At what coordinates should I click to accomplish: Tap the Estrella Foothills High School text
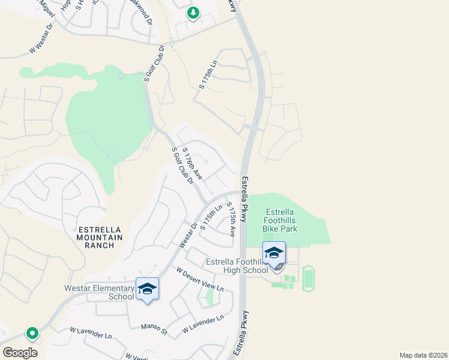coord(237,266)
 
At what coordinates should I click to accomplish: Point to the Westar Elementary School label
coord(99,292)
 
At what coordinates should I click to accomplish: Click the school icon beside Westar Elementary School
coord(147,290)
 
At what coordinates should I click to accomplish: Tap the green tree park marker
coord(193,13)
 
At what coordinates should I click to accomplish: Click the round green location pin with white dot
coord(31,333)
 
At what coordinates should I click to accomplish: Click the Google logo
coord(20,352)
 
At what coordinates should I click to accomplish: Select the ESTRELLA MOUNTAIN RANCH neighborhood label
coord(100,237)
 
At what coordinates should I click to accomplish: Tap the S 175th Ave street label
coord(231,219)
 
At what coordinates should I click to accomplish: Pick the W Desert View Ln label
coord(200,280)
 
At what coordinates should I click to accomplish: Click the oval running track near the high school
coord(308,278)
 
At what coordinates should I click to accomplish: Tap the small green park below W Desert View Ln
coord(209,297)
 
